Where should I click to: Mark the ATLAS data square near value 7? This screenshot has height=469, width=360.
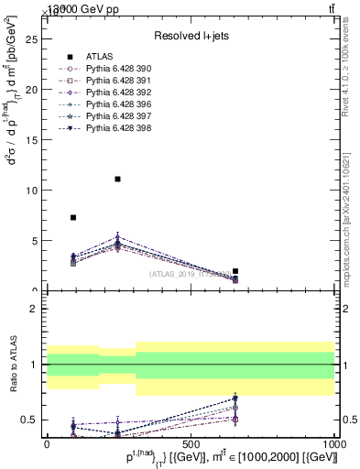pyautogui.click(x=73, y=217)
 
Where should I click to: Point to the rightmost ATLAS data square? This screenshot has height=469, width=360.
pyautogui.click(x=235, y=271)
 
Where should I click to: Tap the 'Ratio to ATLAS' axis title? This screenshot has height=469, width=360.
pyautogui.click(x=13, y=365)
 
